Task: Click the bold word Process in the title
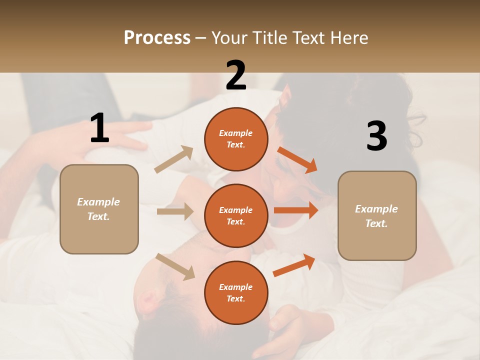tap(157, 37)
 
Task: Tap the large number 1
tap(99, 128)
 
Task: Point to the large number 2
tap(236, 75)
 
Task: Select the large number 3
tap(376, 136)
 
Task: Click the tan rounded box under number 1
tap(99, 209)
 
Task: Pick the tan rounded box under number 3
tap(377, 215)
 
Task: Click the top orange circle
tap(236, 139)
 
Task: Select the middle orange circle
tap(236, 215)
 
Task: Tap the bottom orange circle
tap(236, 292)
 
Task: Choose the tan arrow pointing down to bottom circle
tap(175, 266)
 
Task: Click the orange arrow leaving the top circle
tap(297, 160)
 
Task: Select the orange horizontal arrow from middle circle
tap(296, 210)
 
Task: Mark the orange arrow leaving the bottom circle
tap(294, 265)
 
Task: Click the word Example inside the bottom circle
tap(236, 287)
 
